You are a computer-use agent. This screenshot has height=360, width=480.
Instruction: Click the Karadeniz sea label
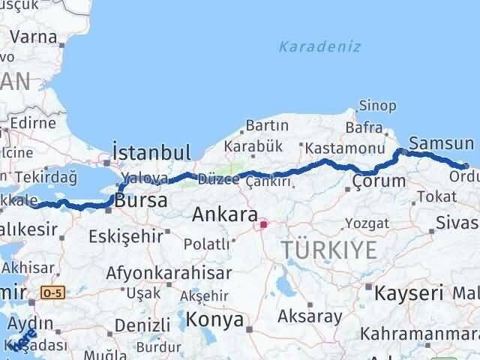pos(319,46)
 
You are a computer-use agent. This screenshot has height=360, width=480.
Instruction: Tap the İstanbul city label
pos(151,152)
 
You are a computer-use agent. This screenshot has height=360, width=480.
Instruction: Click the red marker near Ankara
pos(263,223)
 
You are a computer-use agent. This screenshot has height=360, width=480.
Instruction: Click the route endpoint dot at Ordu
pos(466,166)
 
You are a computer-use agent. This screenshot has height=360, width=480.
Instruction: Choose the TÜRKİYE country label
pos(330,250)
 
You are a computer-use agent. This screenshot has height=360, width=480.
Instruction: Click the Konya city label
pos(215,320)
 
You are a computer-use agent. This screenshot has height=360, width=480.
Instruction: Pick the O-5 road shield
pos(52,291)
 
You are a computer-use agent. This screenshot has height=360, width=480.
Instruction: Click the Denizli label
pos(140,325)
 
